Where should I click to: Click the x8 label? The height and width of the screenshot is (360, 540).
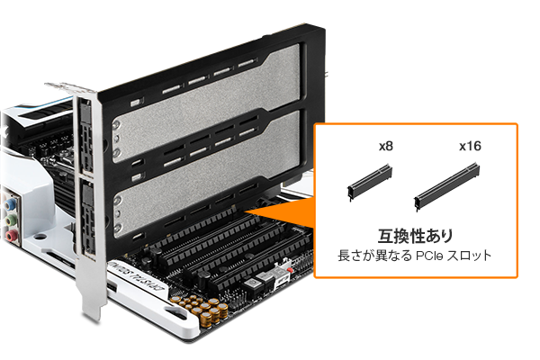tap(386, 146)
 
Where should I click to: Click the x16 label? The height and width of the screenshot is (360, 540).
tap(470, 146)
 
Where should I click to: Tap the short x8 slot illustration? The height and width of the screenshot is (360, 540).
tap(370, 183)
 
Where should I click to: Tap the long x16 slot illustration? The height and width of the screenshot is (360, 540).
tap(446, 186)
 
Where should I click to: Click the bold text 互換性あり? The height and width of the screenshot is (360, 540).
tap(415, 237)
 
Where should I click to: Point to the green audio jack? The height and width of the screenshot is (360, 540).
tap(11, 219)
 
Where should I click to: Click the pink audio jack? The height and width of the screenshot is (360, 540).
tap(11, 235)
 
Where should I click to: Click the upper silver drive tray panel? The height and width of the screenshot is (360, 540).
tap(207, 103)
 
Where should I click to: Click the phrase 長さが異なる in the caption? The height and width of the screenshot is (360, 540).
tap(374, 256)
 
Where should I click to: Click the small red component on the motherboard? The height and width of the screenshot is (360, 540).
tap(291, 270)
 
